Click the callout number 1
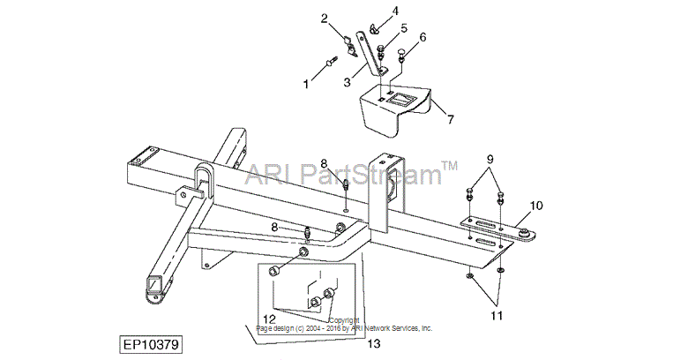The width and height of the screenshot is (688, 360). [x=306, y=84]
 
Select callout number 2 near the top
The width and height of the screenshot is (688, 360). [x=325, y=19]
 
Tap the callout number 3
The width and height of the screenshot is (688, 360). [x=347, y=82]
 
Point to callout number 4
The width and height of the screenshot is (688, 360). [x=395, y=11]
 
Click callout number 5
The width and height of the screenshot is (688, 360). [x=404, y=28]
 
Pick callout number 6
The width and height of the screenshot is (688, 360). [x=423, y=37]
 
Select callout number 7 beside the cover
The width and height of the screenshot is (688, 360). [x=450, y=118]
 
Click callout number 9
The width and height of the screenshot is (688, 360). [x=490, y=159]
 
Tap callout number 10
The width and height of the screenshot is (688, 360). [x=536, y=206]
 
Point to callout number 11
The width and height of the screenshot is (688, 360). [x=497, y=315]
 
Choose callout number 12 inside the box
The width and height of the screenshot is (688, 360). [x=269, y=318]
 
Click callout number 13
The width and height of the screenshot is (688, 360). [x=374, y=343]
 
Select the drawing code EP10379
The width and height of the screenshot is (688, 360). [x=151, y=345]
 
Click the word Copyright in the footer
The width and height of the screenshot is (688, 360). [x=344, y=320]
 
